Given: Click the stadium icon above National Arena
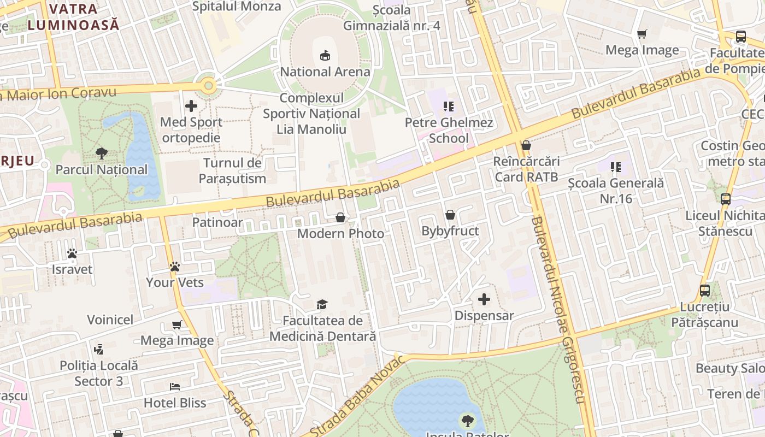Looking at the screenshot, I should pyautogui.click(x=325, y=55).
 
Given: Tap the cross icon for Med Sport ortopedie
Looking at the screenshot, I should pyautogui.click(x=191, y=106).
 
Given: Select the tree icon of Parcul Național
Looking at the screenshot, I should pyautogui.click(x=102, y=153).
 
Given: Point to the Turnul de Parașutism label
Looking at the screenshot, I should pyautogui.click(x=233, y=170).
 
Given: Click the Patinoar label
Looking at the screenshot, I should pyautogui.click(x=217, y=222).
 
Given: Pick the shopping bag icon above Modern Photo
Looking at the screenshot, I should pyautogui.click(x=340, y=217).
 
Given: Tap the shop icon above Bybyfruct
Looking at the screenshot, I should pyautogui.click(x=450, y=215).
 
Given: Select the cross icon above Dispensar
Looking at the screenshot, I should pyautogui.click(x=484, y=299).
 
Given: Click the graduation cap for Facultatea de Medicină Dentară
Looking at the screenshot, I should pyautogui.click(x=322, y=304).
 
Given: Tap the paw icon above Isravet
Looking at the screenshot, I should pyautogui.click(x=72, y=253).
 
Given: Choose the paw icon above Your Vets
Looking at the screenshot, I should pyautogui.click(x=175, y=267).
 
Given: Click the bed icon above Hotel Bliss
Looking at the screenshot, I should pyautogui.click(x=175, y=387).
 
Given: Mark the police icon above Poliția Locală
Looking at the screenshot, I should pyautogui.click(x=99, y=349).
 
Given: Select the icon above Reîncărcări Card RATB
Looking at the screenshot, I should pyautogui.click(x=526, y=145).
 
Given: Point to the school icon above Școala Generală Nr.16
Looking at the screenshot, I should pyautogui.click(x=616, y=167).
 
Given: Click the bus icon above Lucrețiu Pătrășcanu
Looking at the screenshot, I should pyautogui.click(x=705, y=291).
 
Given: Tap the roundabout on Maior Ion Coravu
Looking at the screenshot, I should pyautogui.click(x=208, y=86).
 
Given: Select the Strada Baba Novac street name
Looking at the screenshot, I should pyautogui.click(x=358, y=396).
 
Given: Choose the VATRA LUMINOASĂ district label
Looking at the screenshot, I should pyautogui.click(x=73, y=16).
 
